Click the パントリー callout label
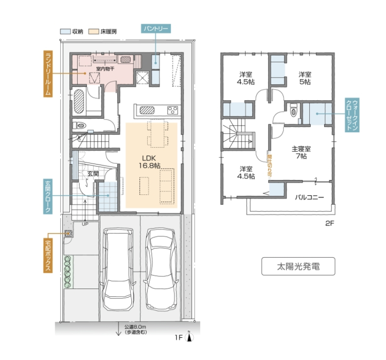pos(156,29)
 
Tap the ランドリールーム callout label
pos(48,74)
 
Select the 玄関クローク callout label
pos(48,196)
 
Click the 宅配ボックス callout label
pos(48,255)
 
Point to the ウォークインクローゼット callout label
pos(352,115)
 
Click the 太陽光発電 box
pos(298,266)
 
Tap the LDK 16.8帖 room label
pos(149,161)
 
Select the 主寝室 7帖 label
pos(301,152)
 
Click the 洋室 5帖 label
pos(305,78)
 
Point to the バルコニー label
pos(309,197)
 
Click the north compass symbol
pos(189,337)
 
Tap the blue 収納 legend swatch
pos(65,31)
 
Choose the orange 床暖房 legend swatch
pos(94,31)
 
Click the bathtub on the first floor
pos(79,101)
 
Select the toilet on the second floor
pos(293,110)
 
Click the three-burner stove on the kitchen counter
pos(172,110)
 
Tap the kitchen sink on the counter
pos(147,110)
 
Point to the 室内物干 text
pos(105,68)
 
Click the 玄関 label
pos(93,174)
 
